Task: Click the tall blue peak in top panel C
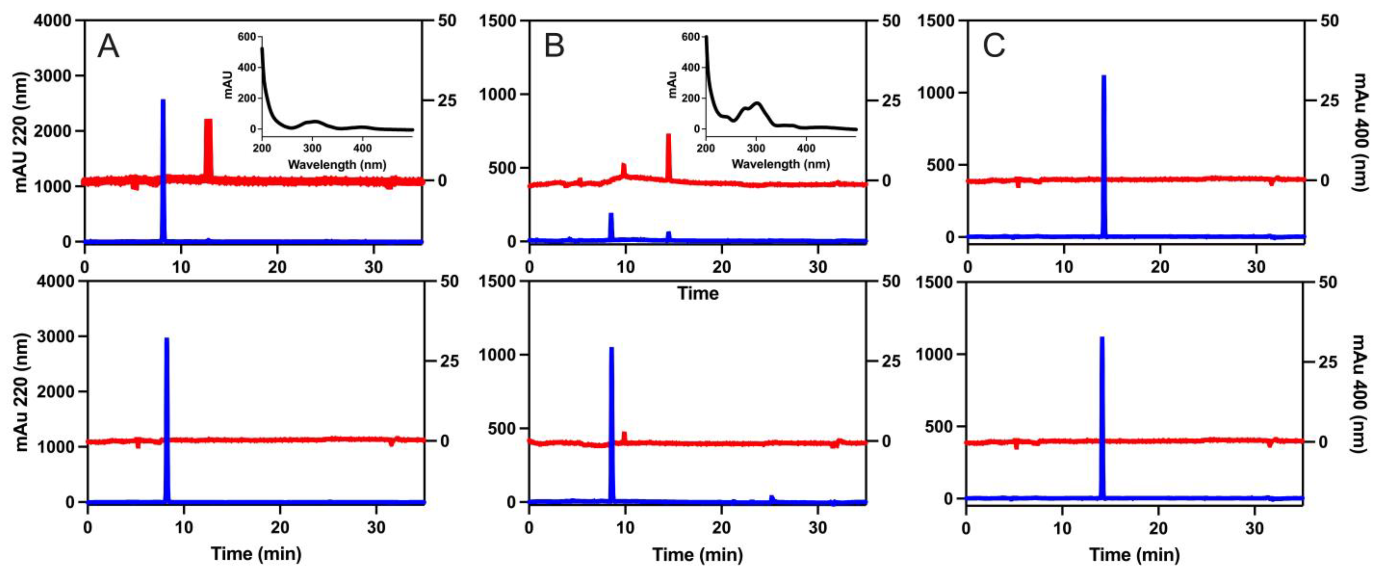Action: coord(1103,155)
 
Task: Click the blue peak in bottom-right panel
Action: coord(1102,417)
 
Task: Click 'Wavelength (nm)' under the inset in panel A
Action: coord(337,164)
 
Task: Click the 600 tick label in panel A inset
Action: coord(247,37)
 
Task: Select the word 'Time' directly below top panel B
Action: coord(698,293)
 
